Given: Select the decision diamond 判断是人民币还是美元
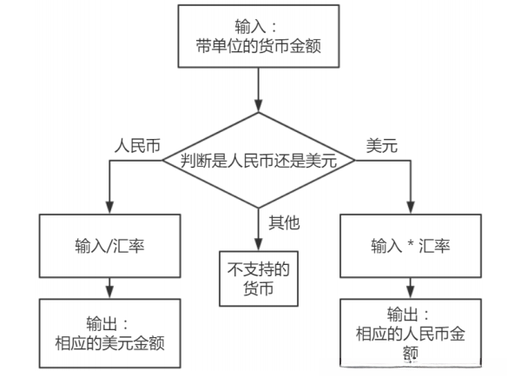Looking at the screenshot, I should point(258,161).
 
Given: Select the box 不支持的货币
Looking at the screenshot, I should point(257,279).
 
